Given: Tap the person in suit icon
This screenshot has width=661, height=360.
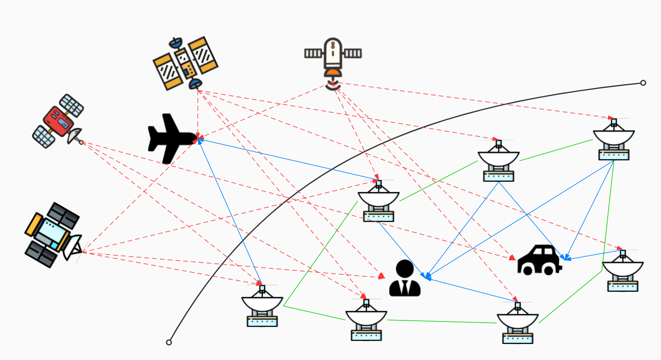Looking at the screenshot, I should click(405, 279).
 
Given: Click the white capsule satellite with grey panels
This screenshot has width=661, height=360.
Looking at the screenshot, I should click(333, 54).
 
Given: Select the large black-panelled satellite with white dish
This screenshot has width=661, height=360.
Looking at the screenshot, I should click(52, 235).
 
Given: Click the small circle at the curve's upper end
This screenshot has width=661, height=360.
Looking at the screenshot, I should click(643, 83).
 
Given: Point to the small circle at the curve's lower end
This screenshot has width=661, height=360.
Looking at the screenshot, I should click(169, 342).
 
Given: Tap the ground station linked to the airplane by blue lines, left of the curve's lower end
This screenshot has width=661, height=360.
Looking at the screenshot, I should click(262, 306).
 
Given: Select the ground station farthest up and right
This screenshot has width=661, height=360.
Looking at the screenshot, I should click(613, 140).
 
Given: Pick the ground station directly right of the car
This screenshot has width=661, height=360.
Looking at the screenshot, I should click(623, 271).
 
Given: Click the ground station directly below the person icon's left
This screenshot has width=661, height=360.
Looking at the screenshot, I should click(366, 320).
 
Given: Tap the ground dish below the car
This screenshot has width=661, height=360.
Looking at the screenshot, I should click(517, 323).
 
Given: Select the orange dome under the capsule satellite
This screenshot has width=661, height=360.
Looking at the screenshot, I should click(333, 72).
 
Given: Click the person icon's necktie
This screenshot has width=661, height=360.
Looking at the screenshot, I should click(405, 288).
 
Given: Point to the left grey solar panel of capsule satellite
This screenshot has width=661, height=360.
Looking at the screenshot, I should click(313, 53).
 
